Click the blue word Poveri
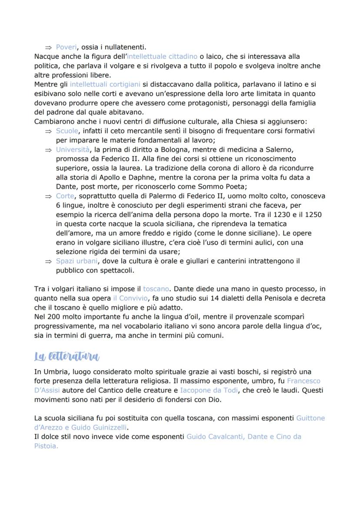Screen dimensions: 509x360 pyautogui.click(x=66, y=47)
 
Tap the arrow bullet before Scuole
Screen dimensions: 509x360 pyautogui.click(x=48, y=131)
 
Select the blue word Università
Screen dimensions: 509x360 pyautogui.click(x=72, y=150)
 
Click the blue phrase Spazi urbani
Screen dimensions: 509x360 pyautogui.click(x=77, y=261)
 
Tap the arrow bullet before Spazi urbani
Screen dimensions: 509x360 pyautogui.click(x=48, y=261)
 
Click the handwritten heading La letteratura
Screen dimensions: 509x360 pyautogui.click(x=67, y=356)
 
